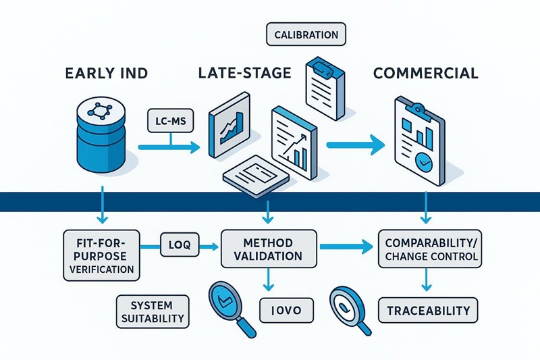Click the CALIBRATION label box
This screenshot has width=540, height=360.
click(x=306, y=34)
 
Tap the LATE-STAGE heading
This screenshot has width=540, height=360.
click(x=244, y=74)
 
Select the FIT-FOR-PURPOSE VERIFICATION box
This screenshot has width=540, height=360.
click(x=101, y=255)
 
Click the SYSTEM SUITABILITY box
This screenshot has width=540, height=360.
click(x=152, y=310)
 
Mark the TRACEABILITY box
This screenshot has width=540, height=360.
click(x=427, y=310)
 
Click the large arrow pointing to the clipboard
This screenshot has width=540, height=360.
click(x=354, y=145)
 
